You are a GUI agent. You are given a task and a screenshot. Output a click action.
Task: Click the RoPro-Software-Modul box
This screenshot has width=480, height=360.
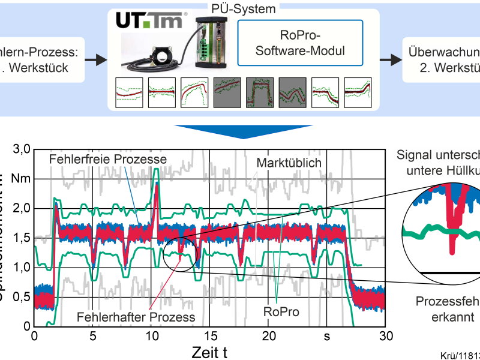pyautogui.click(x=301, y=43)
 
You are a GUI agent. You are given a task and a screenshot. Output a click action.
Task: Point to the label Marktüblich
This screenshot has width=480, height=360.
pyautogui.click(x=287, y=163)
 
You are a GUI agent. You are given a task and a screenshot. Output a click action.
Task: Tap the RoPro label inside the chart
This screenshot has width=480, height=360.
pyautogui.click(x=281, y=312)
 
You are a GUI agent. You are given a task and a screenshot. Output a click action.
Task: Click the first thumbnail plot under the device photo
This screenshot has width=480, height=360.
pyautogui.click(x=128, y=92)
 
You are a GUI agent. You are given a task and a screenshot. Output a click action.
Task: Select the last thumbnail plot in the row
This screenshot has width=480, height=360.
pyautogui.click(x=358, y=92)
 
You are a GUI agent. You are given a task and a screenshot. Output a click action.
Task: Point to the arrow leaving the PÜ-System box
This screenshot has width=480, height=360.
pyautogui.click(x=391, y=59)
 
